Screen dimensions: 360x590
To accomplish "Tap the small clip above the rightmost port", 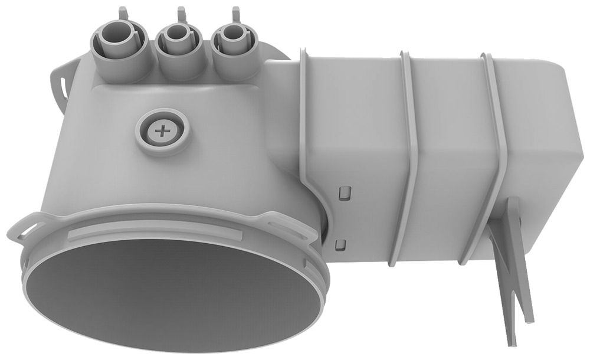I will tap(236, 12).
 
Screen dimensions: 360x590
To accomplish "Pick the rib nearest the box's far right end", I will tap(496, 148).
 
